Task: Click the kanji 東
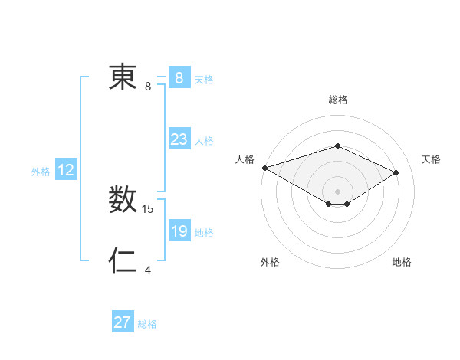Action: coord(123,78)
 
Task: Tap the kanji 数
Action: coord(123,201)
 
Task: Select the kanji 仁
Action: coord(123,261)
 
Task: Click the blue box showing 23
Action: coord(179,139)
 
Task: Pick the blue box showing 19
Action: coord(179,231)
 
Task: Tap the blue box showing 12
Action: coord(66,170)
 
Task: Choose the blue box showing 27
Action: coord(123,322)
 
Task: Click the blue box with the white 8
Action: coord(179,78)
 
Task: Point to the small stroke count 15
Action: coord(149,208)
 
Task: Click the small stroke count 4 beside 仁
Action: coord(148,270)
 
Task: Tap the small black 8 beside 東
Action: coord(148,87)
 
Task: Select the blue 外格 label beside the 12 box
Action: coord(41,172)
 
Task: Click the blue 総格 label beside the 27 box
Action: coord(147,324)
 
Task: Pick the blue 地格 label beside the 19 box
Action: coord(204,233)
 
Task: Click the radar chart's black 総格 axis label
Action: coord(337,100)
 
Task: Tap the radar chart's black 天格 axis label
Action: coord(431,159)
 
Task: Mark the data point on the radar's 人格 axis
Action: coord(264,167)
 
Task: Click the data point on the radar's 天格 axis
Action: coord(396,172)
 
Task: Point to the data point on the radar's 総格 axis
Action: coord(337,146)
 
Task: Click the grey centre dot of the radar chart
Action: coord(337,191)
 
